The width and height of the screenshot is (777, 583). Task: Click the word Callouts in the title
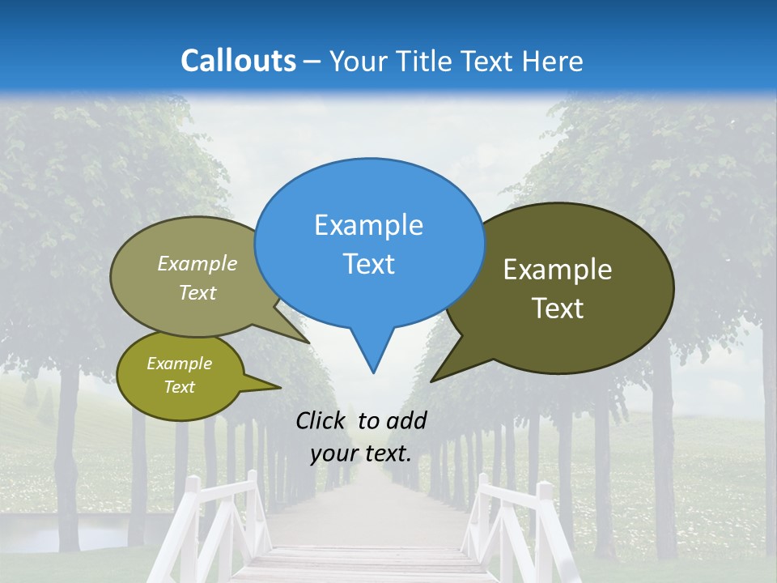tap(238, 61)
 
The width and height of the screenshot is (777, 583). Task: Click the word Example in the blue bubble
tap(368, 225)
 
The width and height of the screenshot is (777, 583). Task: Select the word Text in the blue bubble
tap(368, 264)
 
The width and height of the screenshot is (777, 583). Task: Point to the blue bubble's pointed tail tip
tap(373, 372)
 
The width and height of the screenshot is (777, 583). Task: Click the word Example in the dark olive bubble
tap(558, 270)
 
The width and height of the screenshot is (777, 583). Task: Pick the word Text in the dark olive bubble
tap(558, 309)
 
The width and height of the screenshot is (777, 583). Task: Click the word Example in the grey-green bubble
tap(197, 264)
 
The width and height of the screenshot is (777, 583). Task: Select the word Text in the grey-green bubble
tap(197, 293)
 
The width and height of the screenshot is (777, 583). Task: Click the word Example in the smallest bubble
tap(179, 364)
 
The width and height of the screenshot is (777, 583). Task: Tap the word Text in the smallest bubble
tap(179, 387)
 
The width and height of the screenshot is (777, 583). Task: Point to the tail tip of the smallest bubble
tap(280, 388)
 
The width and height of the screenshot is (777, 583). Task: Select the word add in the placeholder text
tap(406, 420)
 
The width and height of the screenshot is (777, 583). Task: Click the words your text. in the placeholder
tap(361, 454)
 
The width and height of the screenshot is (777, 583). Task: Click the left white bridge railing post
tap(191, 518)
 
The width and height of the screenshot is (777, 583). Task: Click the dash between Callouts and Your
tap(312, 62)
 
